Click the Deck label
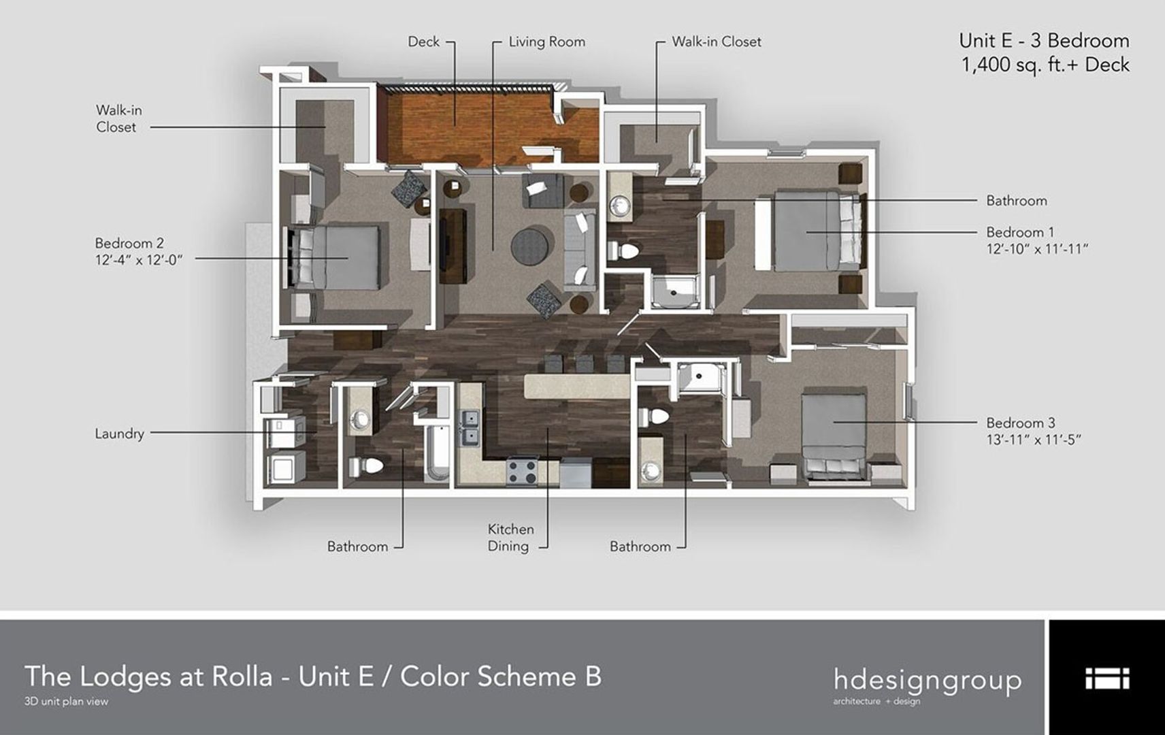click(423, 42)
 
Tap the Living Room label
click(546, 42)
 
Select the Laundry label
click(119, 434)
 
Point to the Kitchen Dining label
click(510, 538)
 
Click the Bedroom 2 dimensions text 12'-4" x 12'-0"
click(139, 260)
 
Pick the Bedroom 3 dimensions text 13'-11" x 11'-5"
click(1034, 440)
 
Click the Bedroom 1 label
click(1020, 232)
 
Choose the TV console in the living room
click(453, 246)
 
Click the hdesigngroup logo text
click(928, 680)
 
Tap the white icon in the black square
click(1107, 678)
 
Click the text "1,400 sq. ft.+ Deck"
click(1045, 65)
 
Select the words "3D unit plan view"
click(66, 702)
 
